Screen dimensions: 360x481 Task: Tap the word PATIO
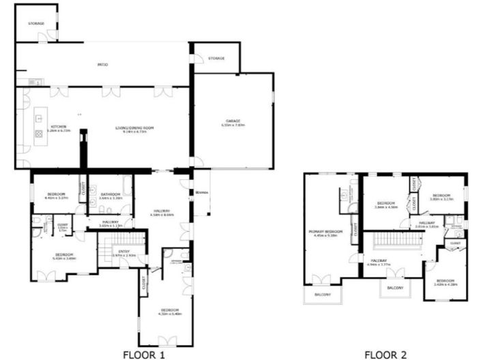pyautogui.click(x=102, y=64)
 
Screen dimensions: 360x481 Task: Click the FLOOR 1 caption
pyautogui.click(x=144, y=354)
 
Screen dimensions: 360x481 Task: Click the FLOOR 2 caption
pyautogui.click(x=385, y=354)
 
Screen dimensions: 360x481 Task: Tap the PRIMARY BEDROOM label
pyautogui.click(x=325, y=232)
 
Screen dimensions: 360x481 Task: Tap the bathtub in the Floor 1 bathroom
pyautogui.click(x=127, y=185)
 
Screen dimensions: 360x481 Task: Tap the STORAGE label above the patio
pyautogui.click(x=36, y=23)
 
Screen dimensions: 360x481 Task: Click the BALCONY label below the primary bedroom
pyautogui.click(x=323, y=295)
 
